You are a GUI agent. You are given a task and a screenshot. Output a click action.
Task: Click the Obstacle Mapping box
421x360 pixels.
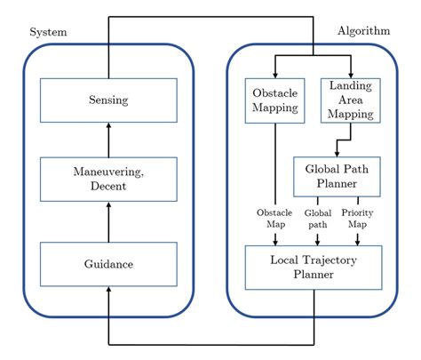pos(274,100)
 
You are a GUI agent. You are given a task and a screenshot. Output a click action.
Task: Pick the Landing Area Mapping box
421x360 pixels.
pos(351,100)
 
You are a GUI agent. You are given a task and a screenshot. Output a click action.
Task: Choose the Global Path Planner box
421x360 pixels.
pos(338,176)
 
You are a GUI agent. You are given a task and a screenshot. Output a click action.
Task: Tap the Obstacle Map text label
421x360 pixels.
pos(275,218)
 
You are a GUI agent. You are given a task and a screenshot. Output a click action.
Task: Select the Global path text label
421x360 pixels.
pos(318,218)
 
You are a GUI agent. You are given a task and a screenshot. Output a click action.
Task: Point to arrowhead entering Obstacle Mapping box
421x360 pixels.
pos(274,74)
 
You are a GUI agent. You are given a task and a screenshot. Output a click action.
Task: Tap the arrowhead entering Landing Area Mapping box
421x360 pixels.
pos(352,74)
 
